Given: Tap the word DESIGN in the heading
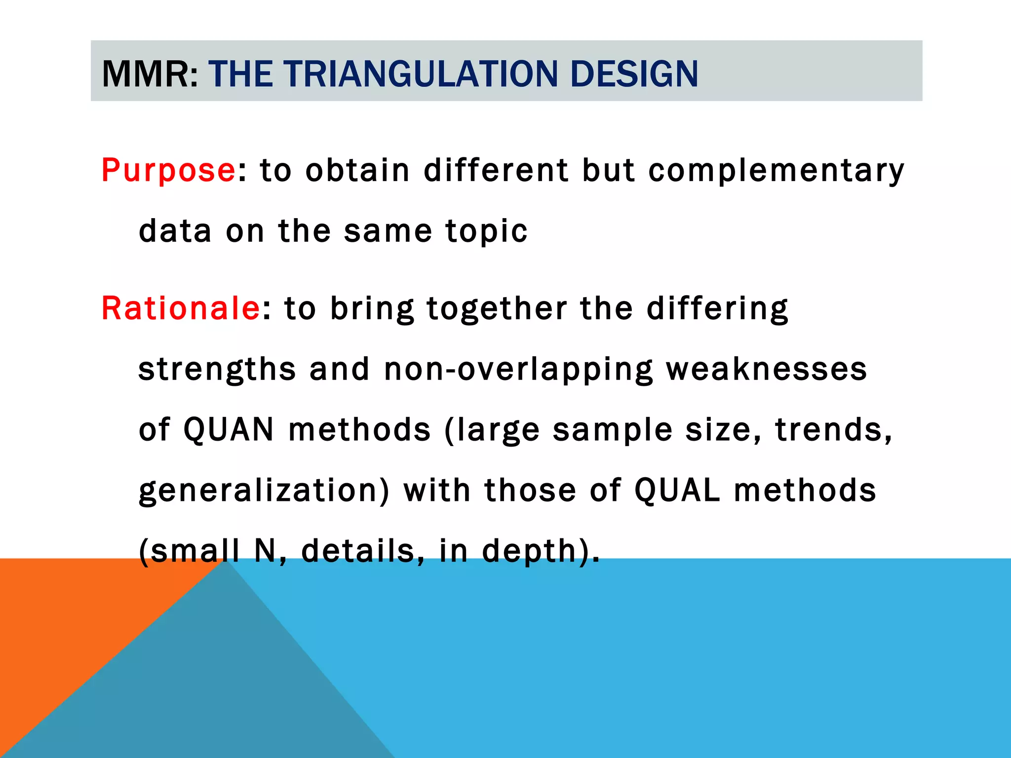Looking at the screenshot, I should [634, 74].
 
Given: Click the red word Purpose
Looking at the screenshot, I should [168, 171].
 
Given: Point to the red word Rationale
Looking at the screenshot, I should [181, 308].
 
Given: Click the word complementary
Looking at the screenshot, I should [776, 171].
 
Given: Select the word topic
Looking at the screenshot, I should [486, 231].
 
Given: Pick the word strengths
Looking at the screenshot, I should [217, 369].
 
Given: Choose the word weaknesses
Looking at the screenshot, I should [766, 369].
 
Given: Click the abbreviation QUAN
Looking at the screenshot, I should [229, 429].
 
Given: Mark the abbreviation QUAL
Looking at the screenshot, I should [677, 490].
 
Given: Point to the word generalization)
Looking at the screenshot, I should [264, 490].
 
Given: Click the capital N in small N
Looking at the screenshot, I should [265, 551].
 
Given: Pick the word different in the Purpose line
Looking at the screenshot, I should [496, 171].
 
